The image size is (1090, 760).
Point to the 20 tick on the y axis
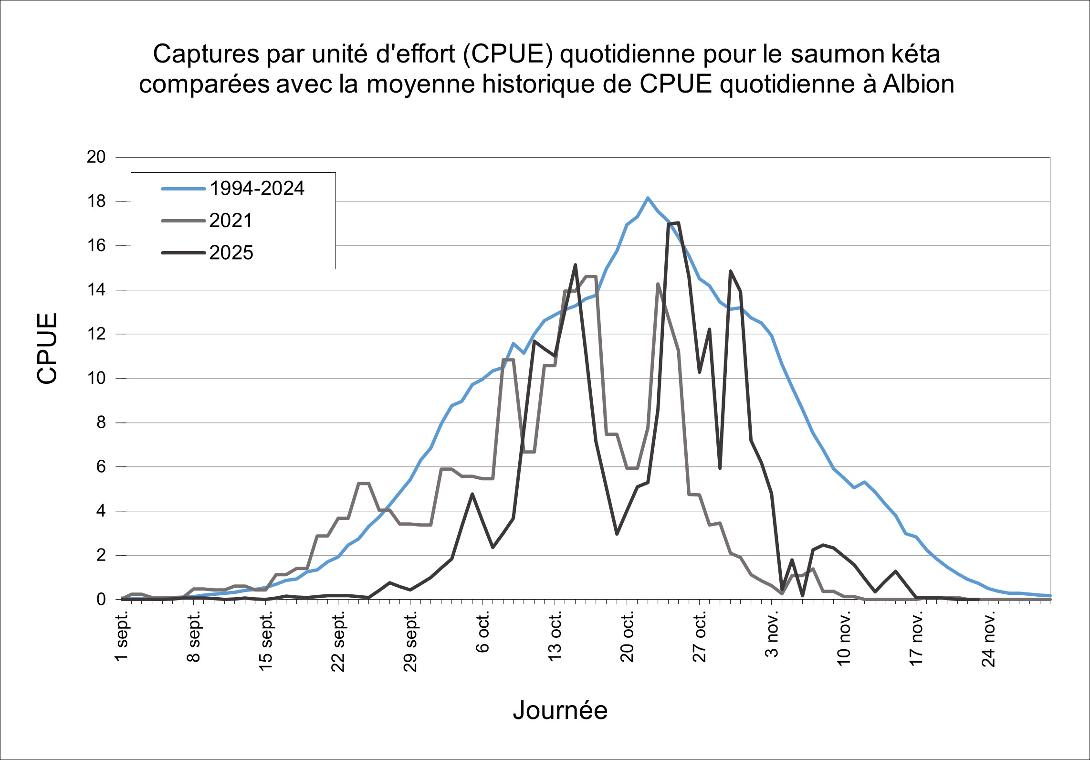pyautogui.click(x=96, y=157)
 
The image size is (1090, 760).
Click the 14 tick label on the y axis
pyautogui.click(x=96, y=290)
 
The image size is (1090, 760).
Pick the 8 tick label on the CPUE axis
pyautogui.click(x=101, y=422)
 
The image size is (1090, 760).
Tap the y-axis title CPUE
pyautogui.click(x=47, y=348)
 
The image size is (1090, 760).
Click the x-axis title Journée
pyautogui.click(x=560, y=710)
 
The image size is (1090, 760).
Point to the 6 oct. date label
pyautogui.click(x=482, y=632)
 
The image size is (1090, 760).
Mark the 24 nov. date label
pyautogui.click(x=988, y=638)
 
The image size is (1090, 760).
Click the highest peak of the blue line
pyautogui.click(x=648, y=198)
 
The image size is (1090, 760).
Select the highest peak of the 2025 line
pyautogui.click(x=678, y=222)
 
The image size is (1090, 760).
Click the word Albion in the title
pyautogui.click(x=918, y=84)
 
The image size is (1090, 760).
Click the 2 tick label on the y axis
pyautogui.click(x=101, y=555)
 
